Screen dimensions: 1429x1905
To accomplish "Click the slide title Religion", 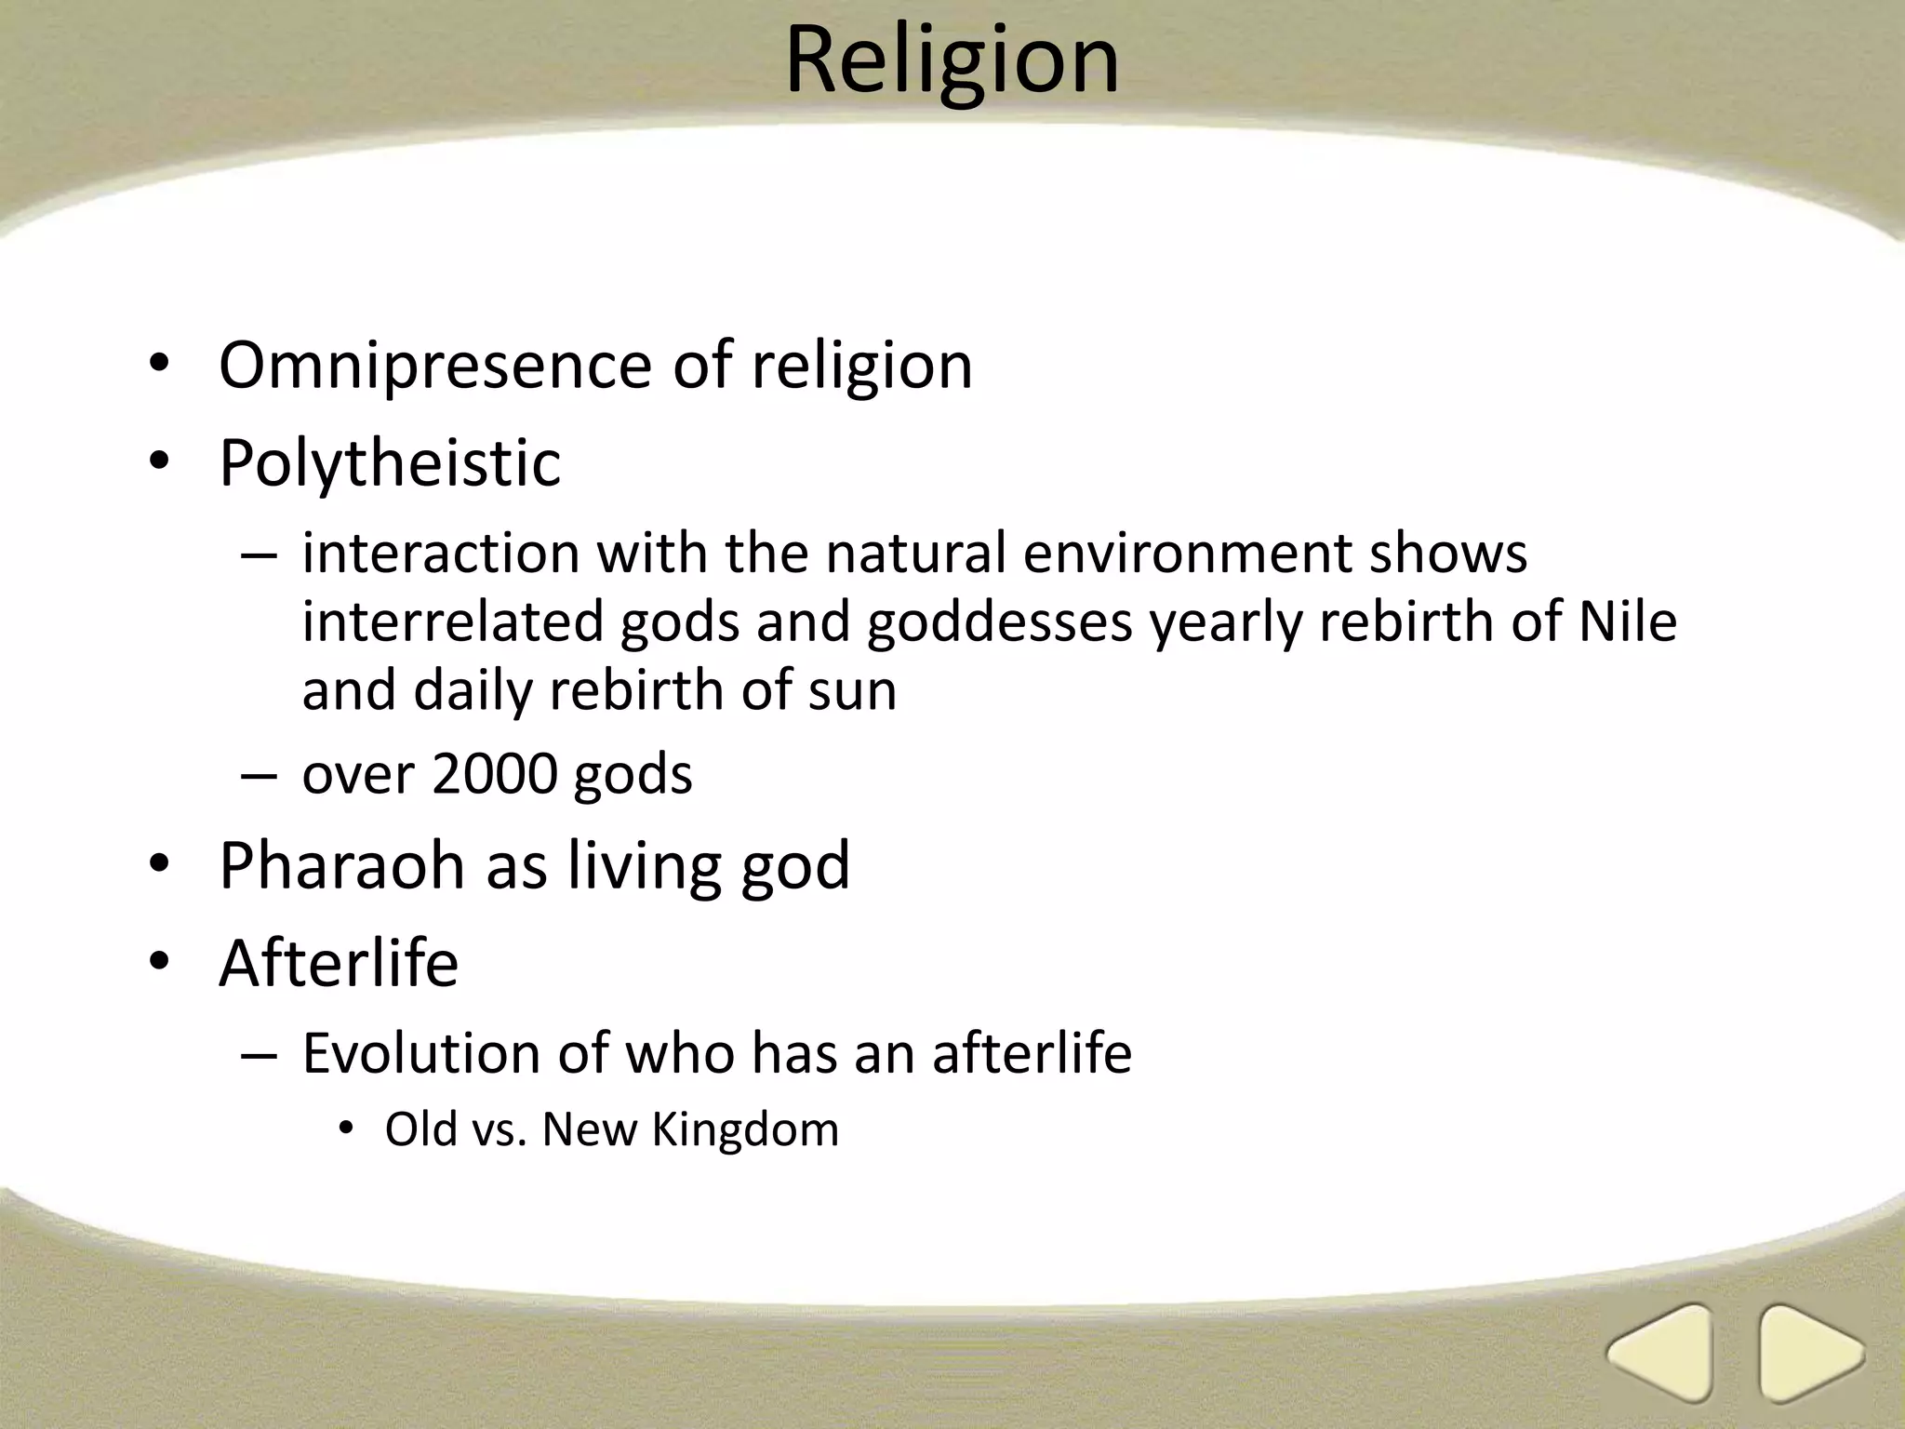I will point(952,60).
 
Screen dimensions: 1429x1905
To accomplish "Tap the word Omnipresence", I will point(435,366).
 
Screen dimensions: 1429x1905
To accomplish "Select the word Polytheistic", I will point(390,462).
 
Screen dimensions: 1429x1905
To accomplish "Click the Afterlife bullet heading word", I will point(339,963).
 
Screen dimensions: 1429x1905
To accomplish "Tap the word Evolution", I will point(421,1054).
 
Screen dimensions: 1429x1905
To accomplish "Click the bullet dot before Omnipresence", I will point(159,366).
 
